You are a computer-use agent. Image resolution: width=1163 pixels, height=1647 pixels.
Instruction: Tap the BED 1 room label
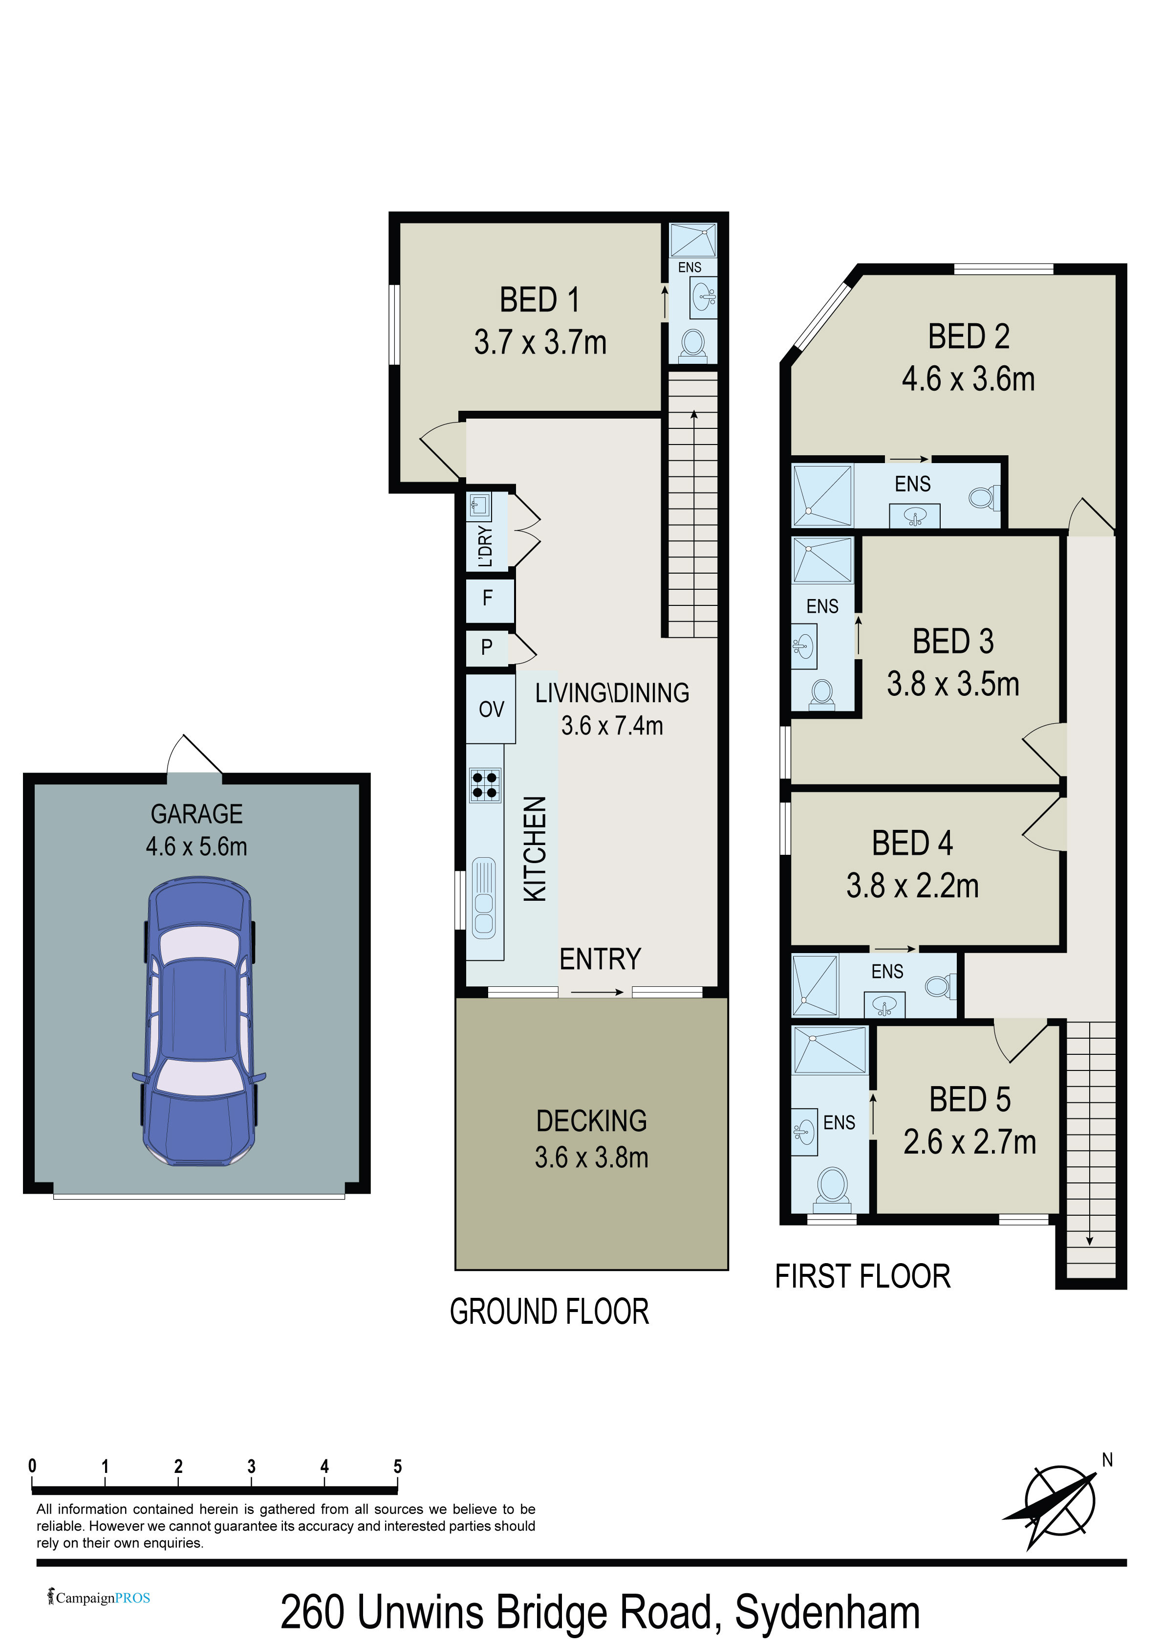point(539,300)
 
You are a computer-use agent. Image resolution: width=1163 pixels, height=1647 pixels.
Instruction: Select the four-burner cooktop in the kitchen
point(485,784)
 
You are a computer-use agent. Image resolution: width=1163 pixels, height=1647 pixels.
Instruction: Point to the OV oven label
point(491,710)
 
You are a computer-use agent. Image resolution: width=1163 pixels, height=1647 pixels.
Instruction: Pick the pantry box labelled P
point(488,648)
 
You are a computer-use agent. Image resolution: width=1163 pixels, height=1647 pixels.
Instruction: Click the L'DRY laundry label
point(485,547)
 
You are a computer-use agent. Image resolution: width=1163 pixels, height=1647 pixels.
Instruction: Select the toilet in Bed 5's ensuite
point(833,1185)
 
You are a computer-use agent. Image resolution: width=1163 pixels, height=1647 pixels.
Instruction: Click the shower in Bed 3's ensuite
point(822,559)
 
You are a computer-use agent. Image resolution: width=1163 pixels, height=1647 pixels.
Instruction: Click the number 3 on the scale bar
point(251,1466)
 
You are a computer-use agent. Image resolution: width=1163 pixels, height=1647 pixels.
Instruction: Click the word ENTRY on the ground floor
point(600,959)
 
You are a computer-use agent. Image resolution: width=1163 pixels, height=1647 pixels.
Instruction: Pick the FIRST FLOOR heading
point(862,1276)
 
